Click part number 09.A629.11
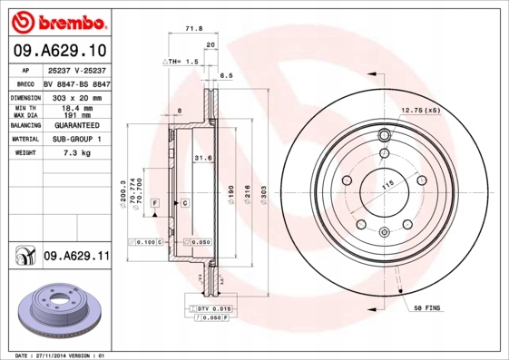click(76, 258)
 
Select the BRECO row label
click(26, 83)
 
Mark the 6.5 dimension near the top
click(226, 76)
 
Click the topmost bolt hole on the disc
click(383, 136)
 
